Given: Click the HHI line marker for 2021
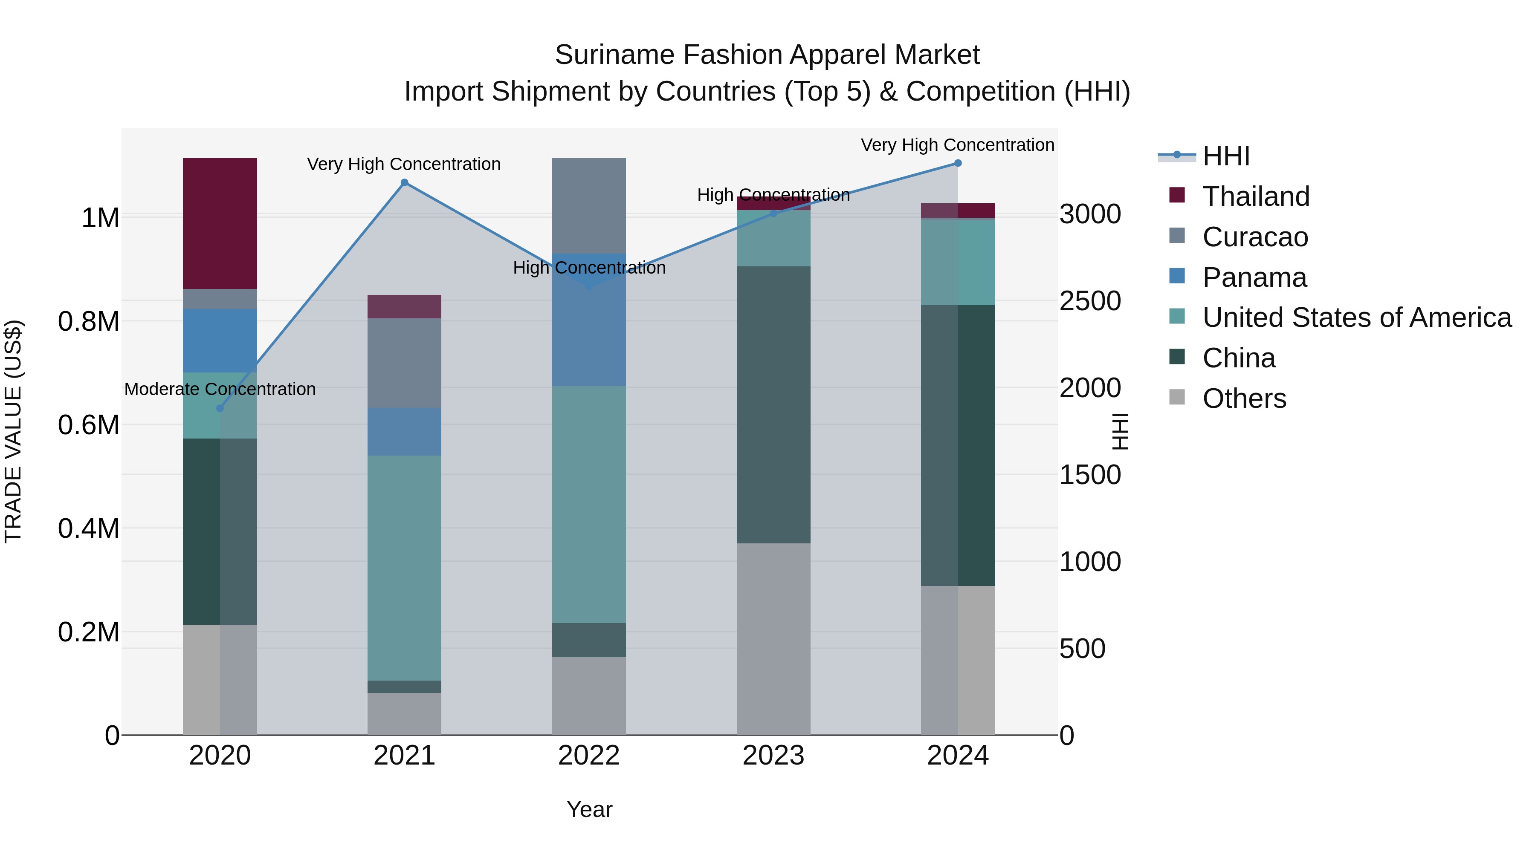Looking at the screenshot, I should pos(404,183).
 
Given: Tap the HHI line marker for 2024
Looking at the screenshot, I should pos(958,163).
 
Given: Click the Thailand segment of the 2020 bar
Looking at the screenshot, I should pos(220,223).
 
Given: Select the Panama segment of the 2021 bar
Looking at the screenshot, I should pos(404,432).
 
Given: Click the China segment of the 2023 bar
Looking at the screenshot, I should pos(773,404).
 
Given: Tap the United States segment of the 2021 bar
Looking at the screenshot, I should pos(404,568).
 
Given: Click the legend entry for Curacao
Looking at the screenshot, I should pos(1255,237).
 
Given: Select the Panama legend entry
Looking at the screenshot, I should pos(1254,277).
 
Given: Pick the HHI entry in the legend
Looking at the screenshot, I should pos(1226,156).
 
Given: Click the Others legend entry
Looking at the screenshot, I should pos(1244,398).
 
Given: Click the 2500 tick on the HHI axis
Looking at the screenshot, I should pos(1090,301).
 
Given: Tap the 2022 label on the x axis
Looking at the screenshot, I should pos(589,756).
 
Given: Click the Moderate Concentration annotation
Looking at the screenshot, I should pos(220,389).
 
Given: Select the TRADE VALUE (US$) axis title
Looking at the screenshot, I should pos(14,431).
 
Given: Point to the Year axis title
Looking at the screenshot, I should pos(589,809).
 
